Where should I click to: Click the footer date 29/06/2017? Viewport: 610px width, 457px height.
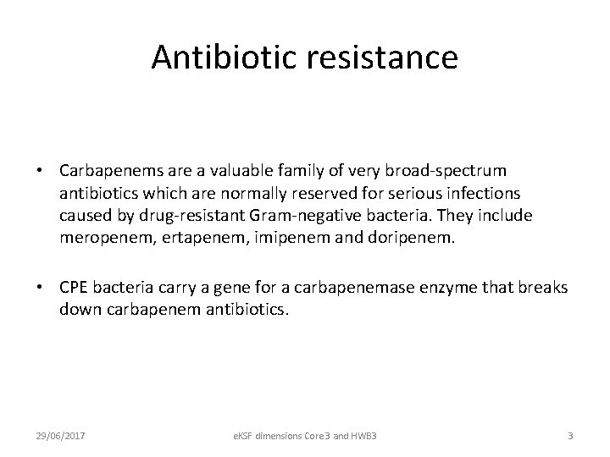coord(58,435)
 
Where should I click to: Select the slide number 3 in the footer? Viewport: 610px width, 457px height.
coord(570,435)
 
